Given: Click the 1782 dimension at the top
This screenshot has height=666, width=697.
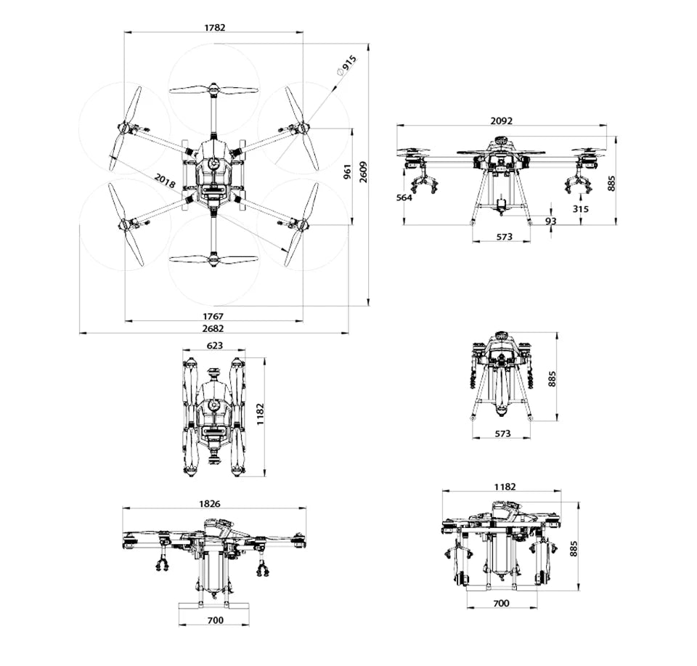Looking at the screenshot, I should [214, 28].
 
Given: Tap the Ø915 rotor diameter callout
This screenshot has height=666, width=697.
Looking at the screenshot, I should [346, 65].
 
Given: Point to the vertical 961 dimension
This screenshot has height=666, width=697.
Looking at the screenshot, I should [347, 172].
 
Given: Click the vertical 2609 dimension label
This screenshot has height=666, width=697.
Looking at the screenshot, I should [363, 172].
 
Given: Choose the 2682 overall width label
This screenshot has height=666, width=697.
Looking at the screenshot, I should [213, 328].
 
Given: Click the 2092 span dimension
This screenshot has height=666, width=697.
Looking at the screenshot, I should [501, 121].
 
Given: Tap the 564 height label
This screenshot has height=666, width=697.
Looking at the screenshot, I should [404, 198].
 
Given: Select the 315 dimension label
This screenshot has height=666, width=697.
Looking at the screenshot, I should [580, 208].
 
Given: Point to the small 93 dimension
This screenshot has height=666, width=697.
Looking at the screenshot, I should [551, 221].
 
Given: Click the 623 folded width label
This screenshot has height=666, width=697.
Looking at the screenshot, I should [215, 346].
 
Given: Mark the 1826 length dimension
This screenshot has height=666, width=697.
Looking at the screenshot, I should [210, 503].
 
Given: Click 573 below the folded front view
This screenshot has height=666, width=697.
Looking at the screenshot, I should [502, 433].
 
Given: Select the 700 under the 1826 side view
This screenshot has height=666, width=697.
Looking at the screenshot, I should [215, 620].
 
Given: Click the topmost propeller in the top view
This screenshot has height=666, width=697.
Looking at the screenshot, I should [213, 90].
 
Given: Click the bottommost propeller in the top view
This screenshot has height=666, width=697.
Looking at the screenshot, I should [213, 259].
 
